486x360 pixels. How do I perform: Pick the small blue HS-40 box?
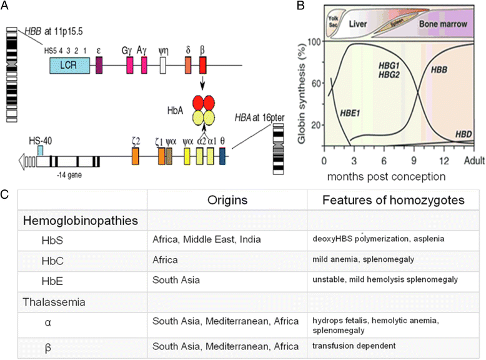[41, 150]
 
